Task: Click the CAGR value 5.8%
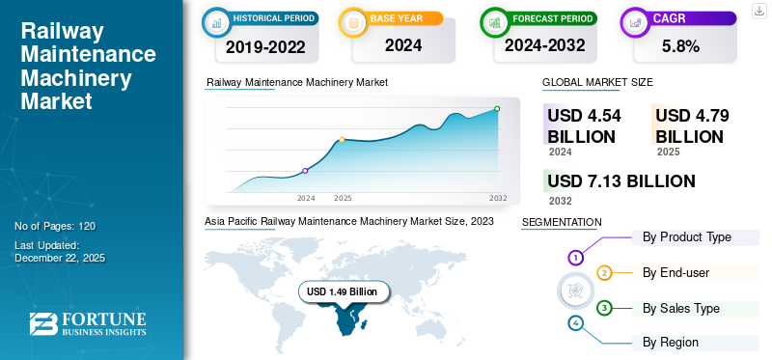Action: [681, 44]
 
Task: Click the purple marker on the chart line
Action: [306, 171]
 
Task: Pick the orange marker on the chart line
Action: [343, 140]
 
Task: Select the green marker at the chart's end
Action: [497, 109]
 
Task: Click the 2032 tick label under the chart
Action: [498, 198]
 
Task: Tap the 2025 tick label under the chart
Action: [343, 198]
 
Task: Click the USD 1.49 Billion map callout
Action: [343, 291]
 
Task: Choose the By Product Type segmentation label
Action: [687, 236]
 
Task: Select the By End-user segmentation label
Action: [675, 272]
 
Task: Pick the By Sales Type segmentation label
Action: [681, 308]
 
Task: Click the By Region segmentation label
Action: [671, 342]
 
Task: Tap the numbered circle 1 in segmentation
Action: [575, 258]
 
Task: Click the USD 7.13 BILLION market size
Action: [620, 180]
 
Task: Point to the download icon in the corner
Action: [759, 11]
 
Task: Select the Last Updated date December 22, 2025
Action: [60, 258]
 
